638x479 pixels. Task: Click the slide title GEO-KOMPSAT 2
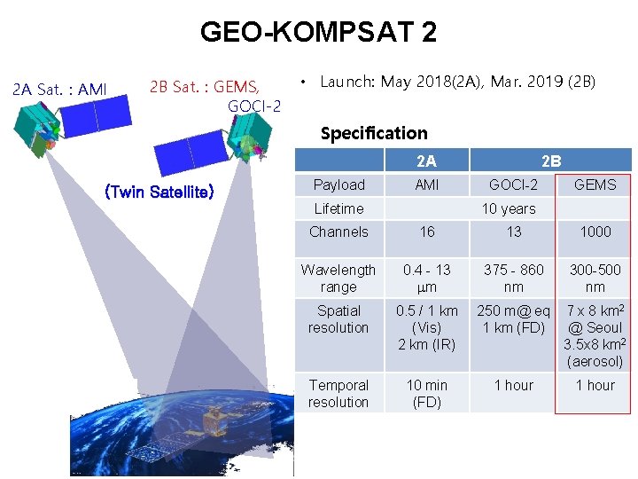(318, 33)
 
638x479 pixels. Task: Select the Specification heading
(373, 133)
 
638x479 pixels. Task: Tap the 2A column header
(426, 161)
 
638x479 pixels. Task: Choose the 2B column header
(550, 161)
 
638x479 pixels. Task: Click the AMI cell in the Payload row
(426, 185)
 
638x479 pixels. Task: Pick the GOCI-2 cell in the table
(514, 185)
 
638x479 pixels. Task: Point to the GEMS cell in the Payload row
(595, 185)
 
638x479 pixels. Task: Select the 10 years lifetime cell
(508, 208)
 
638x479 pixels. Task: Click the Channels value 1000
(595, 232)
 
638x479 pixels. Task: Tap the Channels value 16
(426, 232)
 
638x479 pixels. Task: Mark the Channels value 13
(514, 232)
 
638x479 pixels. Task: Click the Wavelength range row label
(338, 278)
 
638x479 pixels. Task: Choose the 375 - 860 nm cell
(514, 278)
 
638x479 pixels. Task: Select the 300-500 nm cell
(595, 278)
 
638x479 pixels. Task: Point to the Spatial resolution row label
(338, 319)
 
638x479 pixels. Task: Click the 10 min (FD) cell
(426, 393)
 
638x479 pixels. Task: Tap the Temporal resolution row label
(338, 393)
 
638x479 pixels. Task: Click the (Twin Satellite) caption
(159, 192)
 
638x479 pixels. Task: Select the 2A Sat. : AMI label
(59, 89)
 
